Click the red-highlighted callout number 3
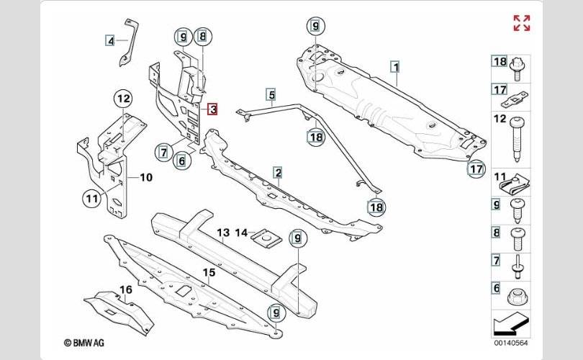point(212,109)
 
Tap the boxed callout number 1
point(396,67)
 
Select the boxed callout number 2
point(278,173)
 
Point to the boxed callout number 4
point(110,40)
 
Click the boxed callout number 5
point(272,94)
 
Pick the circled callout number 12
point(124,99)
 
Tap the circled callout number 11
point(92,199)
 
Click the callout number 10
point(146,177)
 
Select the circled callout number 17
point(476,169)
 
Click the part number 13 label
point(223,233)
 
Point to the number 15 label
point(209,273)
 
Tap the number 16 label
point(126,289)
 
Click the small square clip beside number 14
point(266,237)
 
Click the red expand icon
point(522,23)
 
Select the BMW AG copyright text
point(84,343)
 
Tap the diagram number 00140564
point(510,343)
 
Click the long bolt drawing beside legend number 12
point(518,139)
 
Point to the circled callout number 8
point(203,37)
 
